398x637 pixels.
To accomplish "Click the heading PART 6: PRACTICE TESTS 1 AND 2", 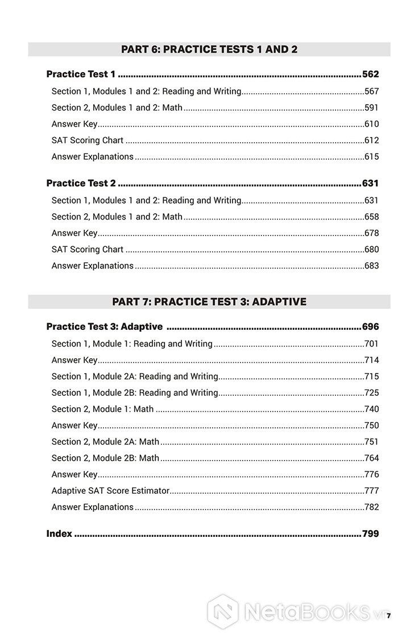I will click(209, 49).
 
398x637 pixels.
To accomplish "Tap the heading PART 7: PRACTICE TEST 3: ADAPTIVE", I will click(209, 301).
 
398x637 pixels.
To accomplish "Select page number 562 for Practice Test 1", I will click(370, 74).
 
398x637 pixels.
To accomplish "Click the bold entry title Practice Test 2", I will click(81, 183).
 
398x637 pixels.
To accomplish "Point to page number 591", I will click(371, 107).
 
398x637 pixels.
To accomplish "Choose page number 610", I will click(371, 124).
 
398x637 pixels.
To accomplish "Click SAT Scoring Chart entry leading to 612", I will click(88, 140).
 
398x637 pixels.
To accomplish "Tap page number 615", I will click(371, 156).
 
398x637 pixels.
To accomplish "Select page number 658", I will click(371, 217).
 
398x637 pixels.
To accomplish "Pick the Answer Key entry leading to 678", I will click(74, 233).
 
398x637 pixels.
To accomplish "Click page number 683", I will click(371, 266).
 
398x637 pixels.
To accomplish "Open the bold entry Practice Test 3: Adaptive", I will click(105, 326).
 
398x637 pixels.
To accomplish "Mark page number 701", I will click(371, 344).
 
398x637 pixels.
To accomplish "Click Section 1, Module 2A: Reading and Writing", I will click(135, 376).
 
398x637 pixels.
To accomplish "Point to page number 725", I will click(371, 392).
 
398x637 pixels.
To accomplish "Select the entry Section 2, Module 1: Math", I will click(102, 409).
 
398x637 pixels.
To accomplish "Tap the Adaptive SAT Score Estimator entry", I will click(110, 490).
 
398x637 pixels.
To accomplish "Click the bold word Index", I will click(59, 533).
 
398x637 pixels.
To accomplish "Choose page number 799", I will click(370, 533).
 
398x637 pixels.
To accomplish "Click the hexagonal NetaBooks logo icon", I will click(222, 611).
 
